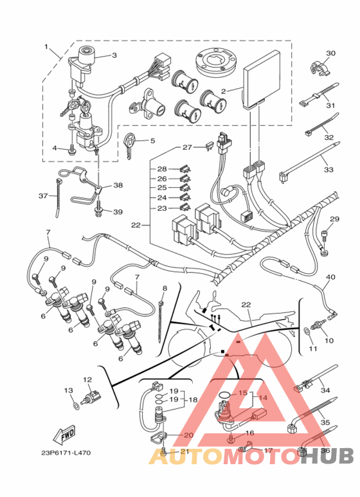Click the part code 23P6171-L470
coord(66,453)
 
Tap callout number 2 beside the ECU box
coord(224,91)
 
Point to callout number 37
coord(43,196)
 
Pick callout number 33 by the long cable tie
coord(328,170)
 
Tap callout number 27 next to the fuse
coord(187,147)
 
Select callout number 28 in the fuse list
coord(162,169)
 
